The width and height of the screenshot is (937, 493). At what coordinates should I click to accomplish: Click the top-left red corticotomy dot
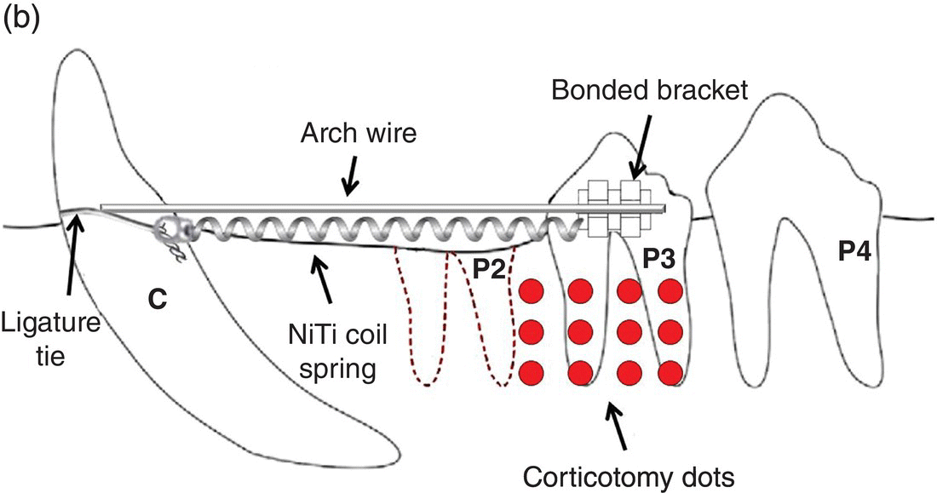point(532,289)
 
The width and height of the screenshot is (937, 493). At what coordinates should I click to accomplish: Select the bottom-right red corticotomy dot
point(671,372)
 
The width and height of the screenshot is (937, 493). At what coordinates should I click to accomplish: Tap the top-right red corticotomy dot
point(671,289)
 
